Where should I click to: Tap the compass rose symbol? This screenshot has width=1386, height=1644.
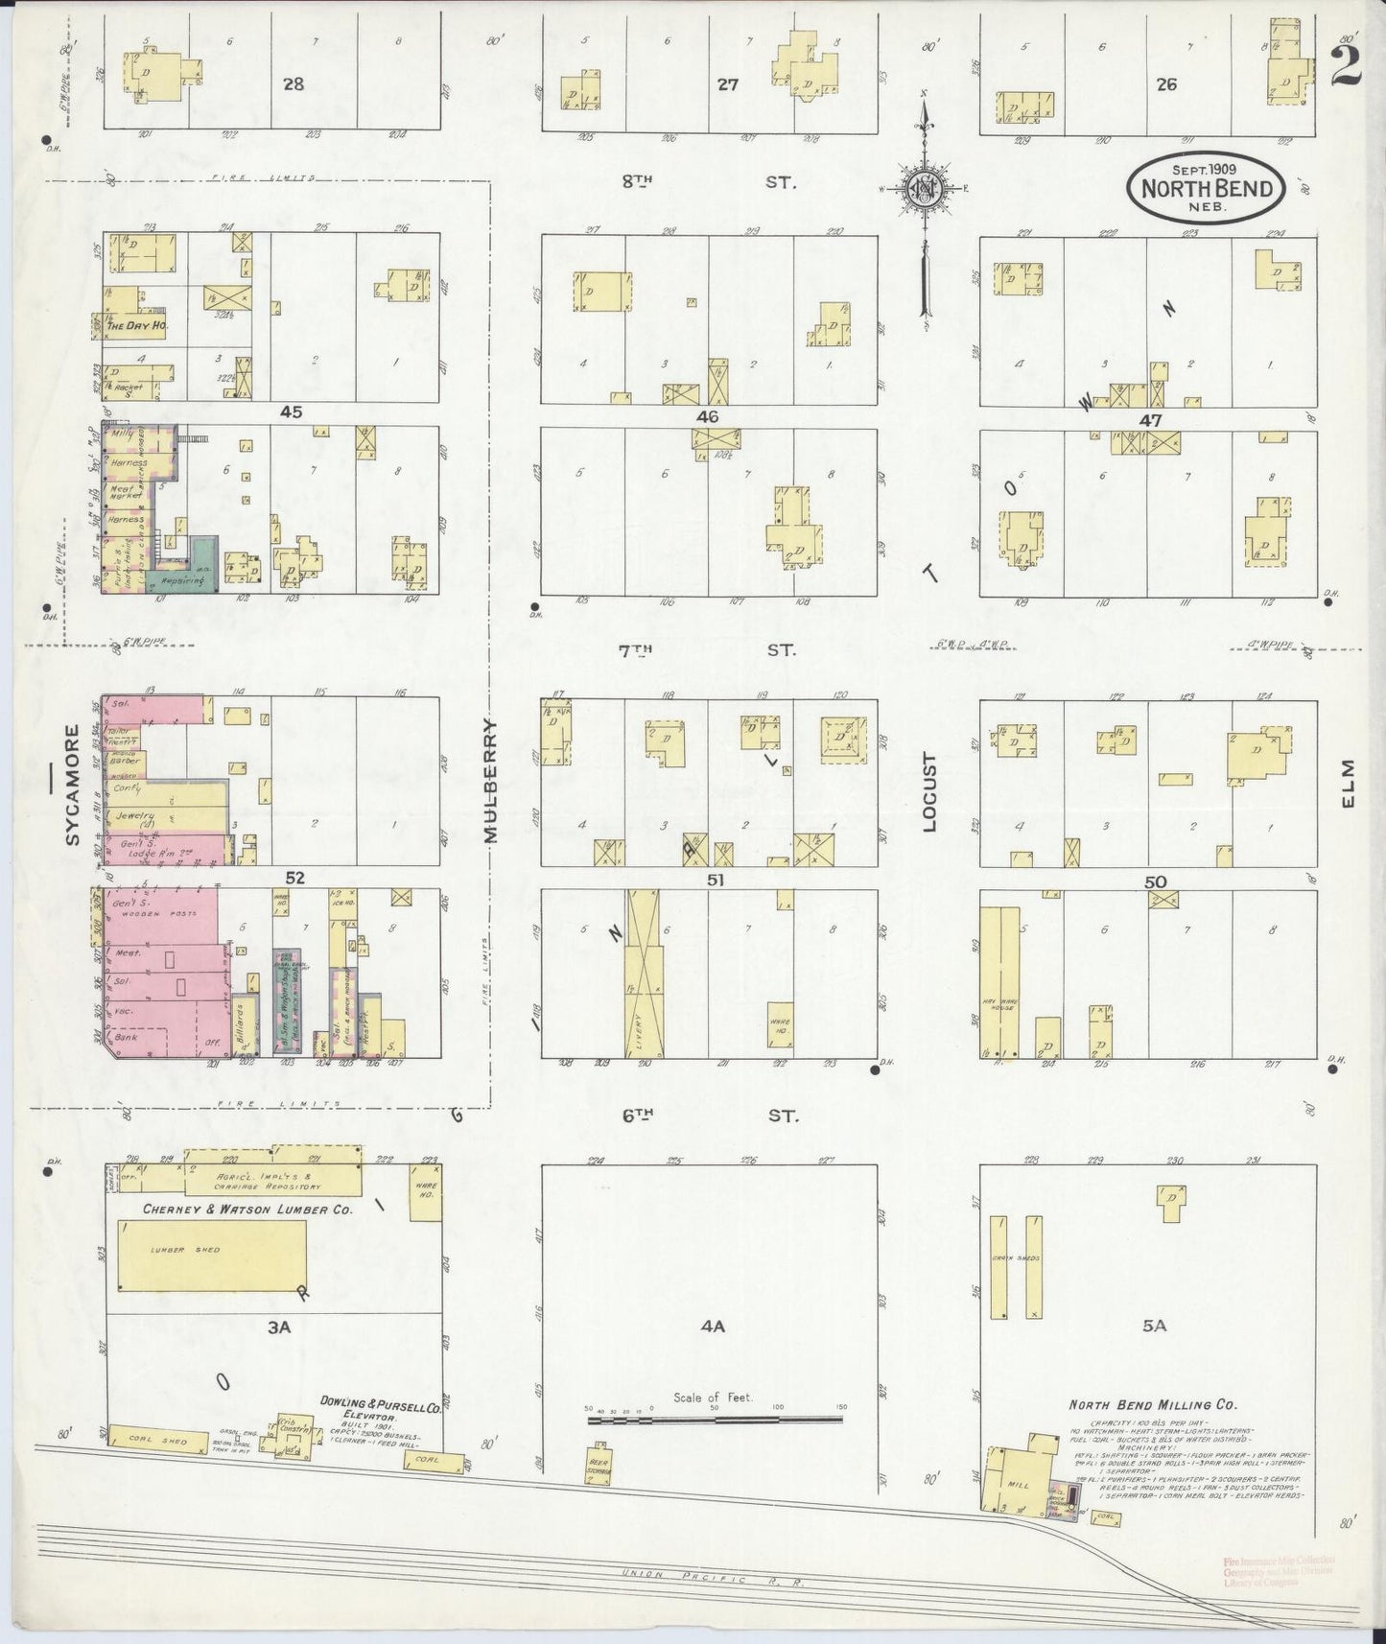tap(923, 188)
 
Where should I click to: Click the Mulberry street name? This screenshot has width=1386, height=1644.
tap(492, 781)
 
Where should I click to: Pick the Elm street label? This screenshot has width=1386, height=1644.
tap(1348, 784)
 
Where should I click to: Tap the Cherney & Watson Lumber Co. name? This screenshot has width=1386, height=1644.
tap(247, 1210)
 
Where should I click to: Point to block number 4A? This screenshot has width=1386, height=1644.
tap(712, 1327)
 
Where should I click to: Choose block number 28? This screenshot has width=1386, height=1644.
tap(293, 84)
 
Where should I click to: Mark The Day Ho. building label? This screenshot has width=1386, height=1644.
tap(131, 325)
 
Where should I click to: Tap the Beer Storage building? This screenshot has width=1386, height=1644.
tap(599, 1468)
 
